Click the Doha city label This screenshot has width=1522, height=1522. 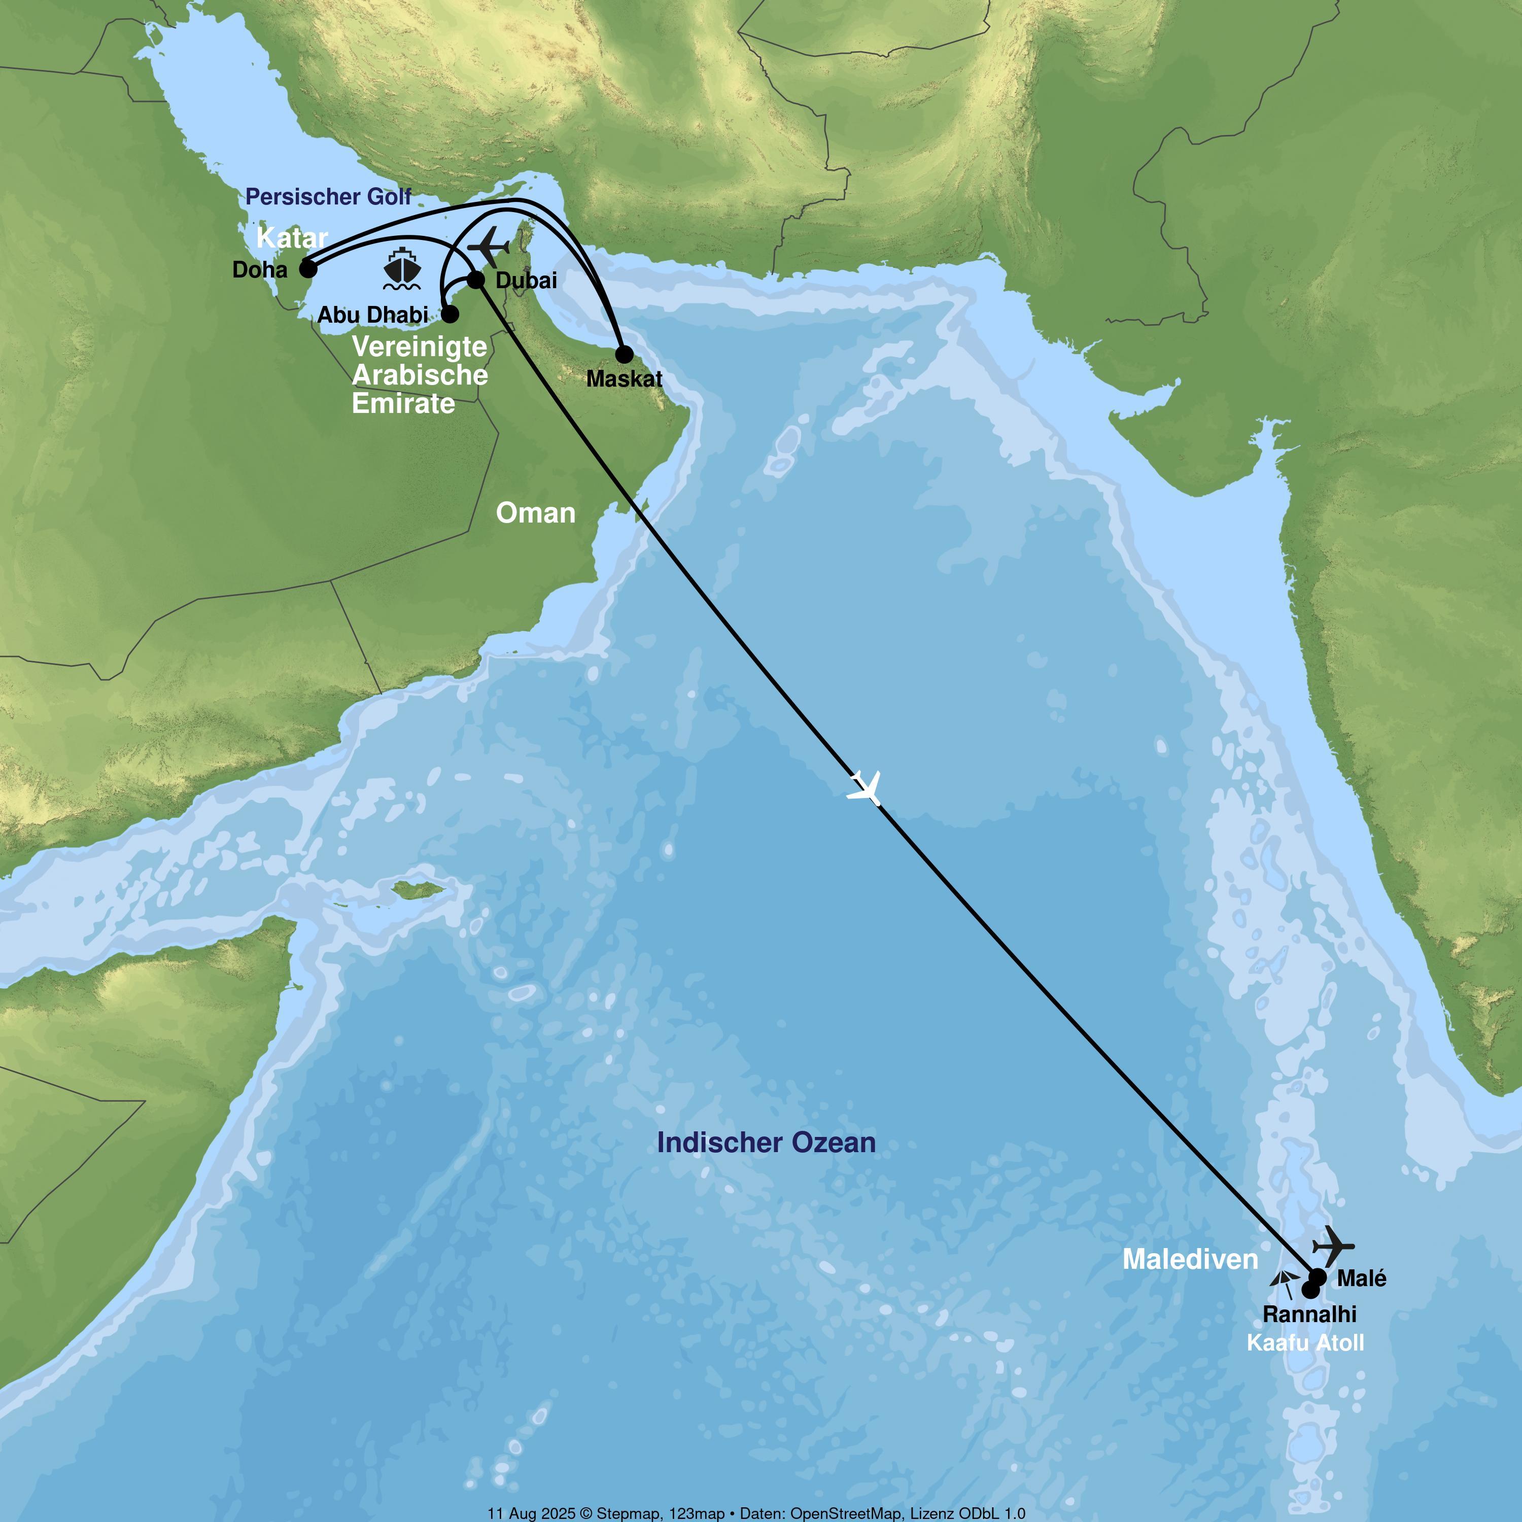point(259,270)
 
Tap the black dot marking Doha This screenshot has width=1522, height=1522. point(308,269)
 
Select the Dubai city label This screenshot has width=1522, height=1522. point(526,281)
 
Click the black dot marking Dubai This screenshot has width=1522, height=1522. point(476,280)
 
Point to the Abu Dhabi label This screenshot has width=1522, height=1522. point(372,315)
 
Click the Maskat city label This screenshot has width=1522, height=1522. point(624,379)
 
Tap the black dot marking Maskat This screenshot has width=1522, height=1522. point(623,354)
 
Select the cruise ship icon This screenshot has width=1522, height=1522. point(402,269)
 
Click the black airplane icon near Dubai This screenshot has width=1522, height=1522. point(489,247)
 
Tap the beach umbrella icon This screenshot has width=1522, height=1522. point(1284,1284)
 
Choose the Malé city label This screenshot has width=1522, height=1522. point(1361,1278)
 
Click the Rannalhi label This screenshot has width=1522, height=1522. point(1309,1314)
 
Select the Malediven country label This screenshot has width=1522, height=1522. point(1190,1259)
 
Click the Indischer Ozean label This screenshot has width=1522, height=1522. point(766,1143)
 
